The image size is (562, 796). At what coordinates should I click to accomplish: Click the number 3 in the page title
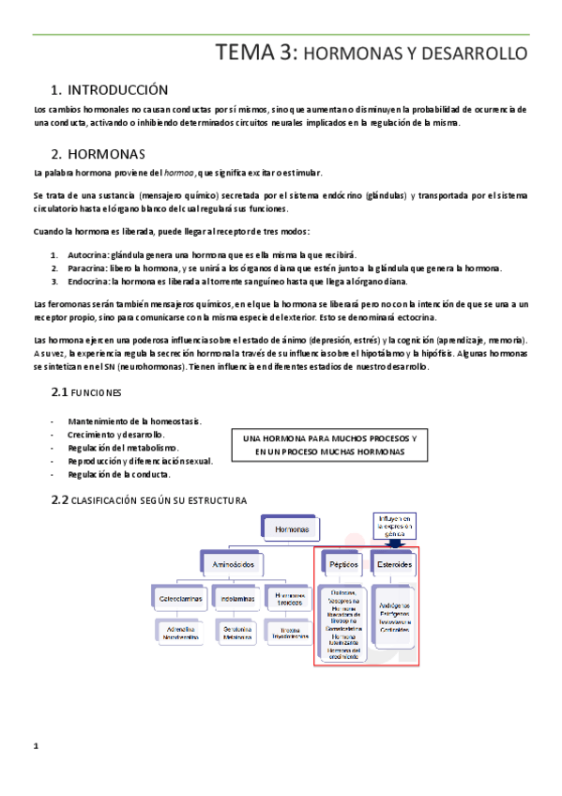click(x=283, y=53)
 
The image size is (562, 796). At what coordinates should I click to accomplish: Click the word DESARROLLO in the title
click(x=479, y=54)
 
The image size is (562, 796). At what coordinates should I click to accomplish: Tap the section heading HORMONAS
click(x=107, y=154)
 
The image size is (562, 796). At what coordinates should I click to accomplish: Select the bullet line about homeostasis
click(x=136, y=421)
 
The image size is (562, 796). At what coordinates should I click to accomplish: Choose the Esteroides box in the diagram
click(x=393, y=563)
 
